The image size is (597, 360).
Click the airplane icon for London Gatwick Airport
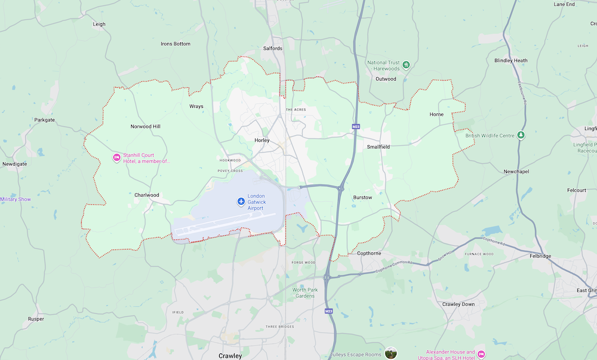tap(241, 202)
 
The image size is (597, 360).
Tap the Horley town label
tap(262, 140)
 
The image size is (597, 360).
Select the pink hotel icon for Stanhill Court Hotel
tap(116, 158)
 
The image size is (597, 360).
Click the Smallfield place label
tap(378, 146)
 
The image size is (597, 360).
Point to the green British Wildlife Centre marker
tap(521, 136)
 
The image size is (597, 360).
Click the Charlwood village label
tap(146, 195)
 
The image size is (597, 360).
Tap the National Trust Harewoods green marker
tap(406, 64)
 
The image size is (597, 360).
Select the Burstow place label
tap(362, 197)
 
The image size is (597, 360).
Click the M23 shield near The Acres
tap(356, 127)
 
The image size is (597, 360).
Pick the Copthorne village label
tap(368, 253)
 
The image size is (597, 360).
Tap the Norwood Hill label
tap(146, 127)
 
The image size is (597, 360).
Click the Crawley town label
tap(230, 356)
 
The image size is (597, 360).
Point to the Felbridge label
tap(540, 256)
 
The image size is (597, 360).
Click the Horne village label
tap(436, 114)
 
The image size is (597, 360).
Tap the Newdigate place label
tap(16, 164)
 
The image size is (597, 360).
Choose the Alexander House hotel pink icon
tap(481, 355)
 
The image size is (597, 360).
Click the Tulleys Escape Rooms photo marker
tap(391, 353)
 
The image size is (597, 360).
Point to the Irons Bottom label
tap(176, 44)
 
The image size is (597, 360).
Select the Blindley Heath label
tap(511, 60)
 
